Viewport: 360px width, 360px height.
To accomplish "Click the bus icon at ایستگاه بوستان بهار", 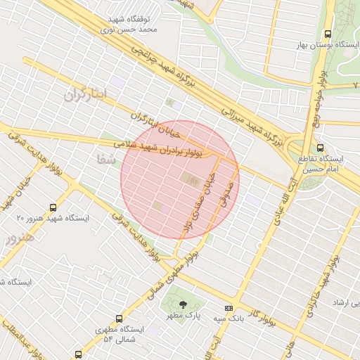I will (x=328, y=34).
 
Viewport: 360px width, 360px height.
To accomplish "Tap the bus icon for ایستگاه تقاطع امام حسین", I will (x=320, y=148).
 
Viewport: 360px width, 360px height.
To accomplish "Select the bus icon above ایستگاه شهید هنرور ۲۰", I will (x=53, y=207).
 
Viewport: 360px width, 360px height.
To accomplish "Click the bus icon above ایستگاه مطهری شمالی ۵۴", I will (x=118, y=319).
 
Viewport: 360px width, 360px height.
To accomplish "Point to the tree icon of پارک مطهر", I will (x=183, y=305).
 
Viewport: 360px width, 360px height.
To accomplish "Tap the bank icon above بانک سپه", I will (x=229, y=308).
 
